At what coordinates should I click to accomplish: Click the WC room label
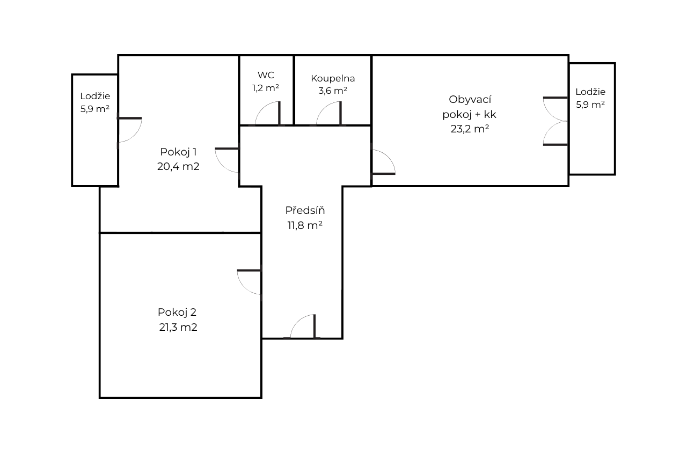pos(266,75)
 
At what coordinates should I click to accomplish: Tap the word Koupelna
pos(333,78)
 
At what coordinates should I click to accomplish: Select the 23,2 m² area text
pos(470,129)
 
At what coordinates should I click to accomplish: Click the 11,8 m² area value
pos(305,226)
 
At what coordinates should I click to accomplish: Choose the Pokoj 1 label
pos(178,152)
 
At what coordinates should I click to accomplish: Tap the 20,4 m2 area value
pos(178,166)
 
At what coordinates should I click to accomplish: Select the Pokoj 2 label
pos(177,313)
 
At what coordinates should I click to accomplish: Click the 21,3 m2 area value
pos(178,328)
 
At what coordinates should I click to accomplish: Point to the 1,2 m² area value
pos(266,88)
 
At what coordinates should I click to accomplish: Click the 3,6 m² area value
pos(333,91)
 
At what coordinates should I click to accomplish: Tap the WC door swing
pos(267,113)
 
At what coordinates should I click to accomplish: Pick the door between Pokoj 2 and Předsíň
pos(249,282)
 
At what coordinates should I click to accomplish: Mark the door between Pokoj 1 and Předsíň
pos(227,160)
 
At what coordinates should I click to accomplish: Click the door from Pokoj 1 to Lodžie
pos(130,130)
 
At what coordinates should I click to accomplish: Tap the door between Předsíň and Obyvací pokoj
pos(384,162)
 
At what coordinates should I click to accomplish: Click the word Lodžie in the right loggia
pos(590,92)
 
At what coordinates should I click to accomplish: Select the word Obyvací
pos(470,100)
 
